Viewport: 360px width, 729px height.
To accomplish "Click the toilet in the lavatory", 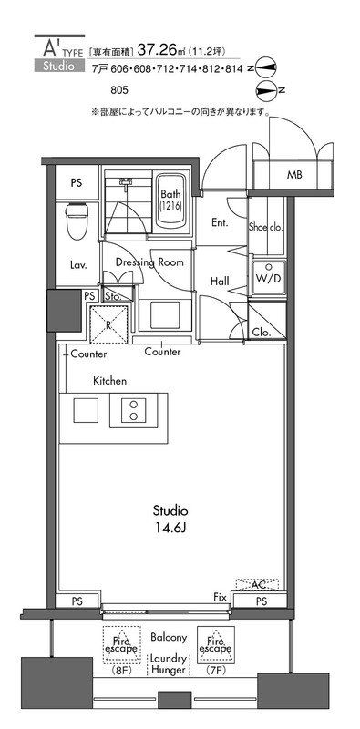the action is (77, 221).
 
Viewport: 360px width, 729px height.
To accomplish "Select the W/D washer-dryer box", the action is (268, 278).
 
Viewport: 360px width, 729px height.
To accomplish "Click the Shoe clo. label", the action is (266, 228).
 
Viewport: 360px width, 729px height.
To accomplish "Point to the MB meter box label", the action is (294, 175).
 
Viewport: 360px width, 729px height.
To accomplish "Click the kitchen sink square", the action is (86, 411).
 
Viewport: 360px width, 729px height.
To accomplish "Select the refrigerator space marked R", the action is (108, 324).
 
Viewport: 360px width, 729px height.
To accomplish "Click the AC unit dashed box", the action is (257, 584).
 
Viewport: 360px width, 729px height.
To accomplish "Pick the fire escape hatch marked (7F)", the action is (216, 645).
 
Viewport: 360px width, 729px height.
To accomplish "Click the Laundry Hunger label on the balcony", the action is (168, 664).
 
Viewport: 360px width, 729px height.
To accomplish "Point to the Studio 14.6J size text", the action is (170, 519).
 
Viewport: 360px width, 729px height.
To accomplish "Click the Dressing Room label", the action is (149, 262).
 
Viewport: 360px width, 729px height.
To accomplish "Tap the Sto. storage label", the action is (112, 295).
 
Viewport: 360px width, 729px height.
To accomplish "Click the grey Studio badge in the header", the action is (59, 66).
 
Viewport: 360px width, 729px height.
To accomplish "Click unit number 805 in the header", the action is (119, 89).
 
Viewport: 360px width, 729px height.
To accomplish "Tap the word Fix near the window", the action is (220, 597).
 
